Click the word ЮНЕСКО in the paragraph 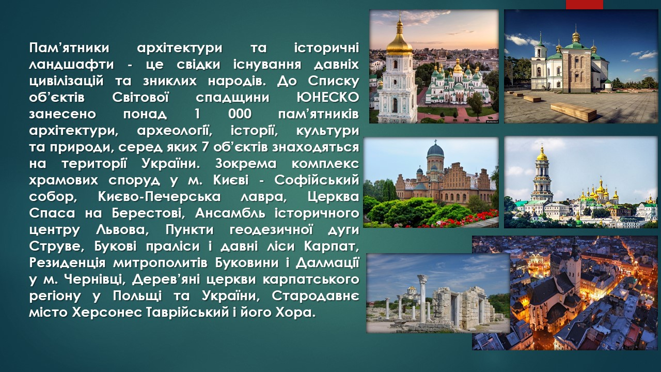(x=327, y=98)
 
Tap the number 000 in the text (x=240, y=114)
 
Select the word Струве (x=57, y=246)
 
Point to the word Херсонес (x=107, y=313)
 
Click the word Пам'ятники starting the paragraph (x=69, y=48)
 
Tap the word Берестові (x=148, y=213)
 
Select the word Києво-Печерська (x=160, y=197)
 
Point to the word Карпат (x=332, y=246)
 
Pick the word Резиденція (x=67, y=263)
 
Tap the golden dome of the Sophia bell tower (x=399, y=41)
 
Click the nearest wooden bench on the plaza (x=573, y=112)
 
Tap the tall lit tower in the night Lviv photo (x=574, y=269)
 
